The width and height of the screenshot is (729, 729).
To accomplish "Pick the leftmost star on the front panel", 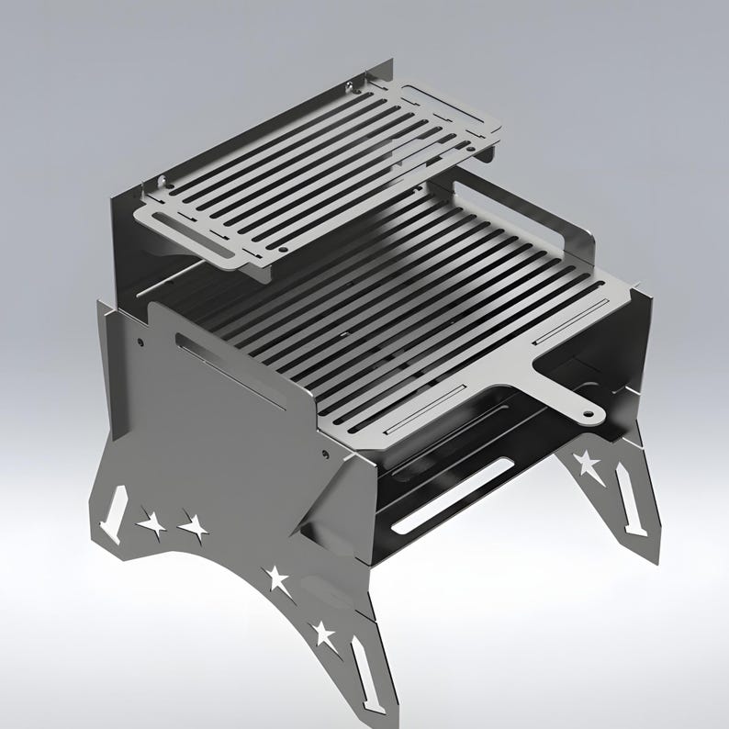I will [152, 524].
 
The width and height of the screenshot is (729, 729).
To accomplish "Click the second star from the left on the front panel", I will [194, 527].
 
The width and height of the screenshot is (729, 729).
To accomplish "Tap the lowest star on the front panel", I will [322, 632].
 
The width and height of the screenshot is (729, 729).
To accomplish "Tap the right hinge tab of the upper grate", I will [352, 89].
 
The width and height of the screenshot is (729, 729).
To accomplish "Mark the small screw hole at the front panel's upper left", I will [140, 342].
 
